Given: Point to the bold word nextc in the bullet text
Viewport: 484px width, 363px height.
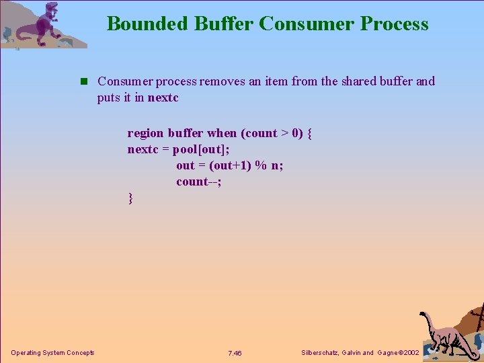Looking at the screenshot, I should pos(163,97).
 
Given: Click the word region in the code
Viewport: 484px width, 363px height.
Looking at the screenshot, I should pos(146,133).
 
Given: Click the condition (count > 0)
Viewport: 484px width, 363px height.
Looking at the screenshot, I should pos(272,133).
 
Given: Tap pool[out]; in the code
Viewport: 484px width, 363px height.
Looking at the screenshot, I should pos(201,149).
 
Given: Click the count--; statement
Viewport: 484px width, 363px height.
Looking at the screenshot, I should pos(199,182).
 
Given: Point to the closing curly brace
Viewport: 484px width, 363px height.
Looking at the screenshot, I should pos(130,198).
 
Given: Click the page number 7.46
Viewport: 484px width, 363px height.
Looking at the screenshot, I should pos(235,353).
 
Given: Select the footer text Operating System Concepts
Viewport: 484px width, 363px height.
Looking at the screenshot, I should pos(52,353).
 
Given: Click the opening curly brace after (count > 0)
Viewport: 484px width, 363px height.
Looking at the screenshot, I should pos(309,133).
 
